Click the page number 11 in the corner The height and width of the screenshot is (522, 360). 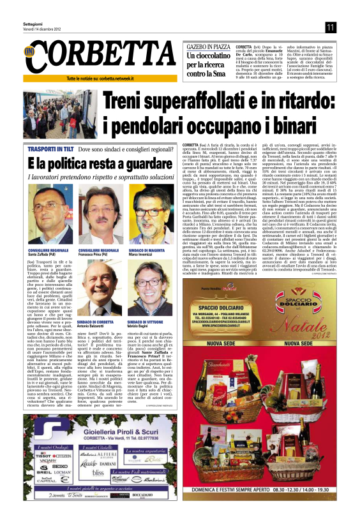point(329,26)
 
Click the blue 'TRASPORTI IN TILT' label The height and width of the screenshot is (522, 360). point(52,148)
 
